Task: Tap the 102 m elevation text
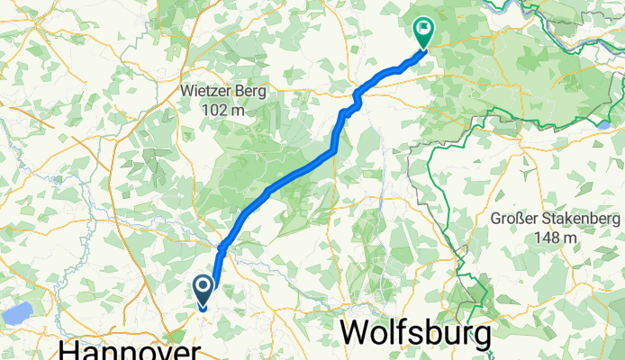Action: (x=224, y=110)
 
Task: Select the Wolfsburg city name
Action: (x=417, y=335)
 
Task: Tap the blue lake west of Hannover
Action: (x=18, y=313)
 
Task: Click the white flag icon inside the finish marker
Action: (x=422, y=29)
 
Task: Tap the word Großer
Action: (x=513, y=219)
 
